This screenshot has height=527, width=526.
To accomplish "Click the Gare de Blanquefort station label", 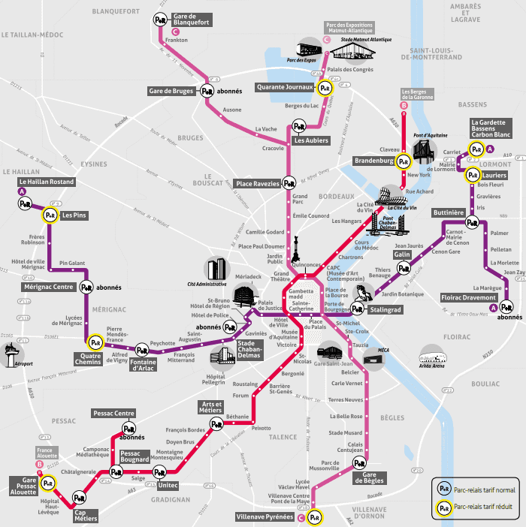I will click(191, 20).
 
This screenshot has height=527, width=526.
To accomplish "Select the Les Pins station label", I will click(74, 215).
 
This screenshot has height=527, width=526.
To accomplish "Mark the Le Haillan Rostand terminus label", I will click(47, 182).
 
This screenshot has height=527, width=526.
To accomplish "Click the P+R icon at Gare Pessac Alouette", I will click(49, 482).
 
